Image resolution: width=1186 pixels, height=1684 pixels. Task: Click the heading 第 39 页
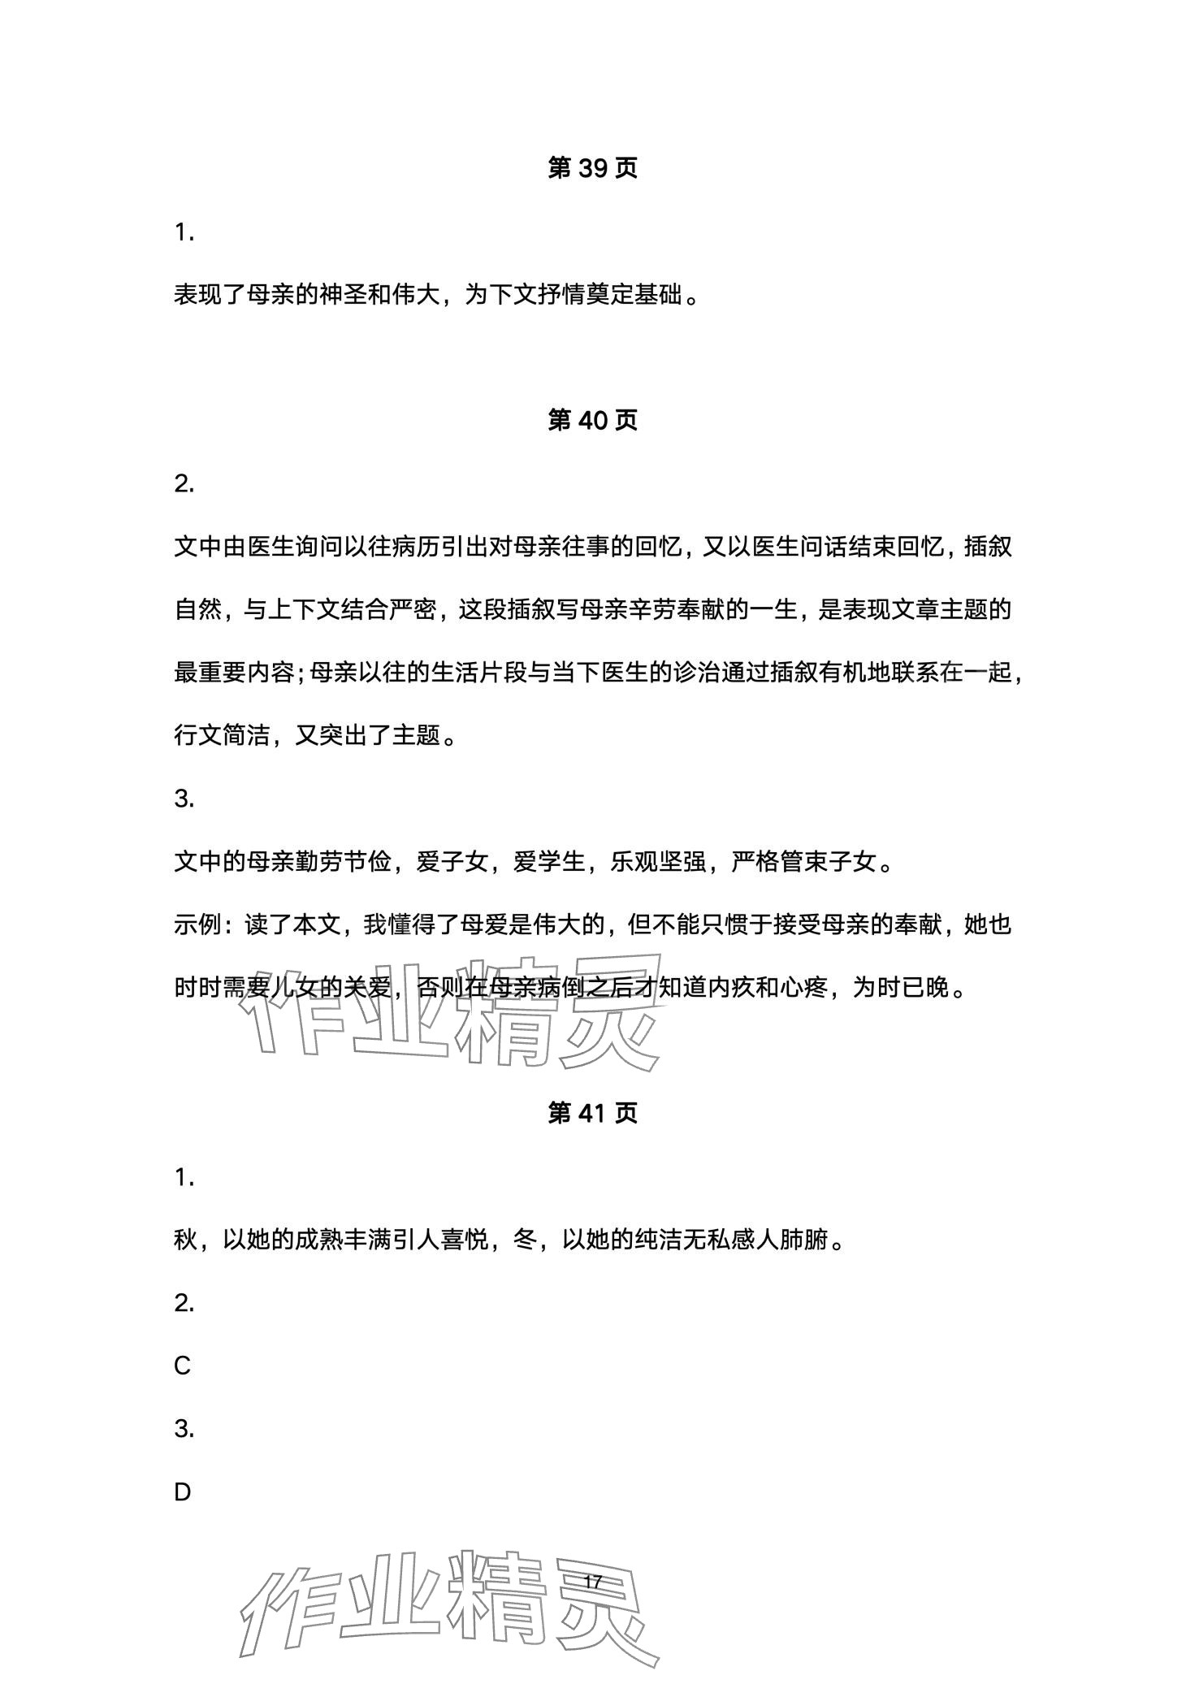coord(592,168)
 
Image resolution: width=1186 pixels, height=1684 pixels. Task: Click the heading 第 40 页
coord(592,420)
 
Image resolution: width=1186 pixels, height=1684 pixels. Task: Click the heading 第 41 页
coord(592,1113)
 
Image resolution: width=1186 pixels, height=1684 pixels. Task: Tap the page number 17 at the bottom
coord(592,1582)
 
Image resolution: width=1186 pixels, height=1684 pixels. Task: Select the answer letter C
coord(182,1366)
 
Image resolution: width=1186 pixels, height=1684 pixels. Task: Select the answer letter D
coord(182,1492)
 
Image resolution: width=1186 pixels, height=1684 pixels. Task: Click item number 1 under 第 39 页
coord(184,233)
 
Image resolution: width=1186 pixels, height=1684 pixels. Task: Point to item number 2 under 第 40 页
coord(184,484)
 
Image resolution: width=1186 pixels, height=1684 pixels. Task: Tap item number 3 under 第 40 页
coord(184,799)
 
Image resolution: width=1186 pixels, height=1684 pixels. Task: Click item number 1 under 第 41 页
coord(184,1177)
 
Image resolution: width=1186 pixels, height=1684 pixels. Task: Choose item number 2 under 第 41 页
coord(184,1303)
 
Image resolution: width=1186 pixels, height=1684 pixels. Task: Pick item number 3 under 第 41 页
coord(184,1429)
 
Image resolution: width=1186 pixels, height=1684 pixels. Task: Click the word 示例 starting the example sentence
coord(197,925)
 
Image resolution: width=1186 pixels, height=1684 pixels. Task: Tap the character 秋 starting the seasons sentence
coord(186,1240)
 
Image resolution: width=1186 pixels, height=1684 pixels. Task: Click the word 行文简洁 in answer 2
coord(221,736)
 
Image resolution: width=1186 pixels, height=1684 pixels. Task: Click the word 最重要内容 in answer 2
coord(234,673)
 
